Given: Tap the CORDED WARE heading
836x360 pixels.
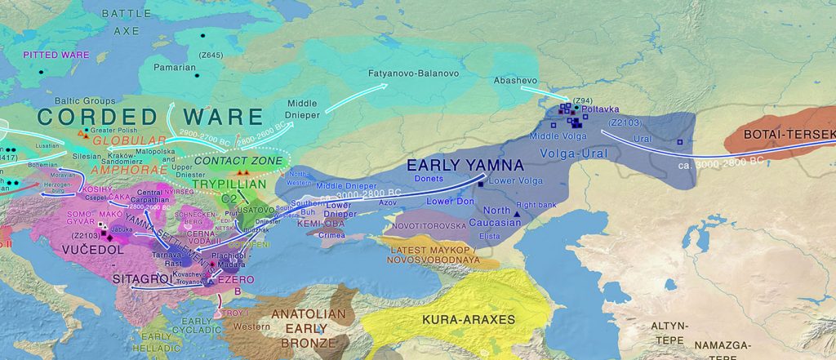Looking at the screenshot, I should tap(150, 117).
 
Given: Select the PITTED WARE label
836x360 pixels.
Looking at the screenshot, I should tap(56, 55).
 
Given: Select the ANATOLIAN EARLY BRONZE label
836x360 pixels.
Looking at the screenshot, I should tap(309, 328).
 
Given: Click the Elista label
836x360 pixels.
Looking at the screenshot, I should tap(490, 236).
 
